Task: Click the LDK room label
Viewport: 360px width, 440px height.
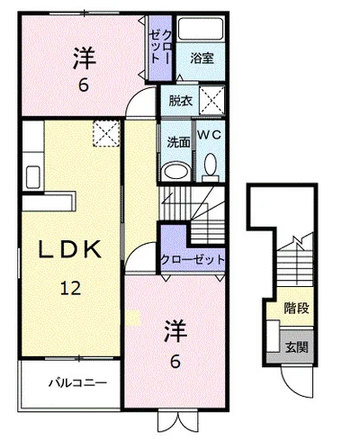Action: click(x=70, y=249)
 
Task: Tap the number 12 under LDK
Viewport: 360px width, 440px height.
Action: click(x=71, y=288)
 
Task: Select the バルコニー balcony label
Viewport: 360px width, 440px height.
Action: click(x=78, y=383)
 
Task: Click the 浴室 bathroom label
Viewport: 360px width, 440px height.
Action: click(x=202, y=58)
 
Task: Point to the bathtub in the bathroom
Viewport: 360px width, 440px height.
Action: click(x=201, y=29)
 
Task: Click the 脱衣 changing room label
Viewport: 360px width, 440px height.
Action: click(x=180, y=101)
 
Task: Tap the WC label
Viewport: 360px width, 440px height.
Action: click(x=210, y=135)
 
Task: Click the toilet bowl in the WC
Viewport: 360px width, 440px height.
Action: click(x=211, y=165)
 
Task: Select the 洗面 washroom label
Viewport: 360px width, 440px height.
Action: click(x=179, y=142)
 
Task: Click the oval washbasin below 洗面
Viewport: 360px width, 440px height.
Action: click(x=176, y=172)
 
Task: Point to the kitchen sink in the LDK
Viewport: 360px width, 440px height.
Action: click(x=33, y=177)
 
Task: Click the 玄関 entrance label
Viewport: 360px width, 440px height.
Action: click(x=296, y=347)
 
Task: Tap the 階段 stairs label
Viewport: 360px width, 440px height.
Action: click(x=296, y=308)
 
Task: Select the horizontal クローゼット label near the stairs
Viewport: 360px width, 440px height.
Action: click(x=193, y=259)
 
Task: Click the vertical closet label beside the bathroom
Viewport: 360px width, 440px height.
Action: click(x=161, y=47)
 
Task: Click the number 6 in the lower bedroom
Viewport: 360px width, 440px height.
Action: click(x=175, y=362)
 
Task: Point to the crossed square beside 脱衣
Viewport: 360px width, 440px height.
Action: click(x=212, y=100)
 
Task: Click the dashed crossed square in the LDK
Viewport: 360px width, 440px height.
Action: click(x=106, y=133)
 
